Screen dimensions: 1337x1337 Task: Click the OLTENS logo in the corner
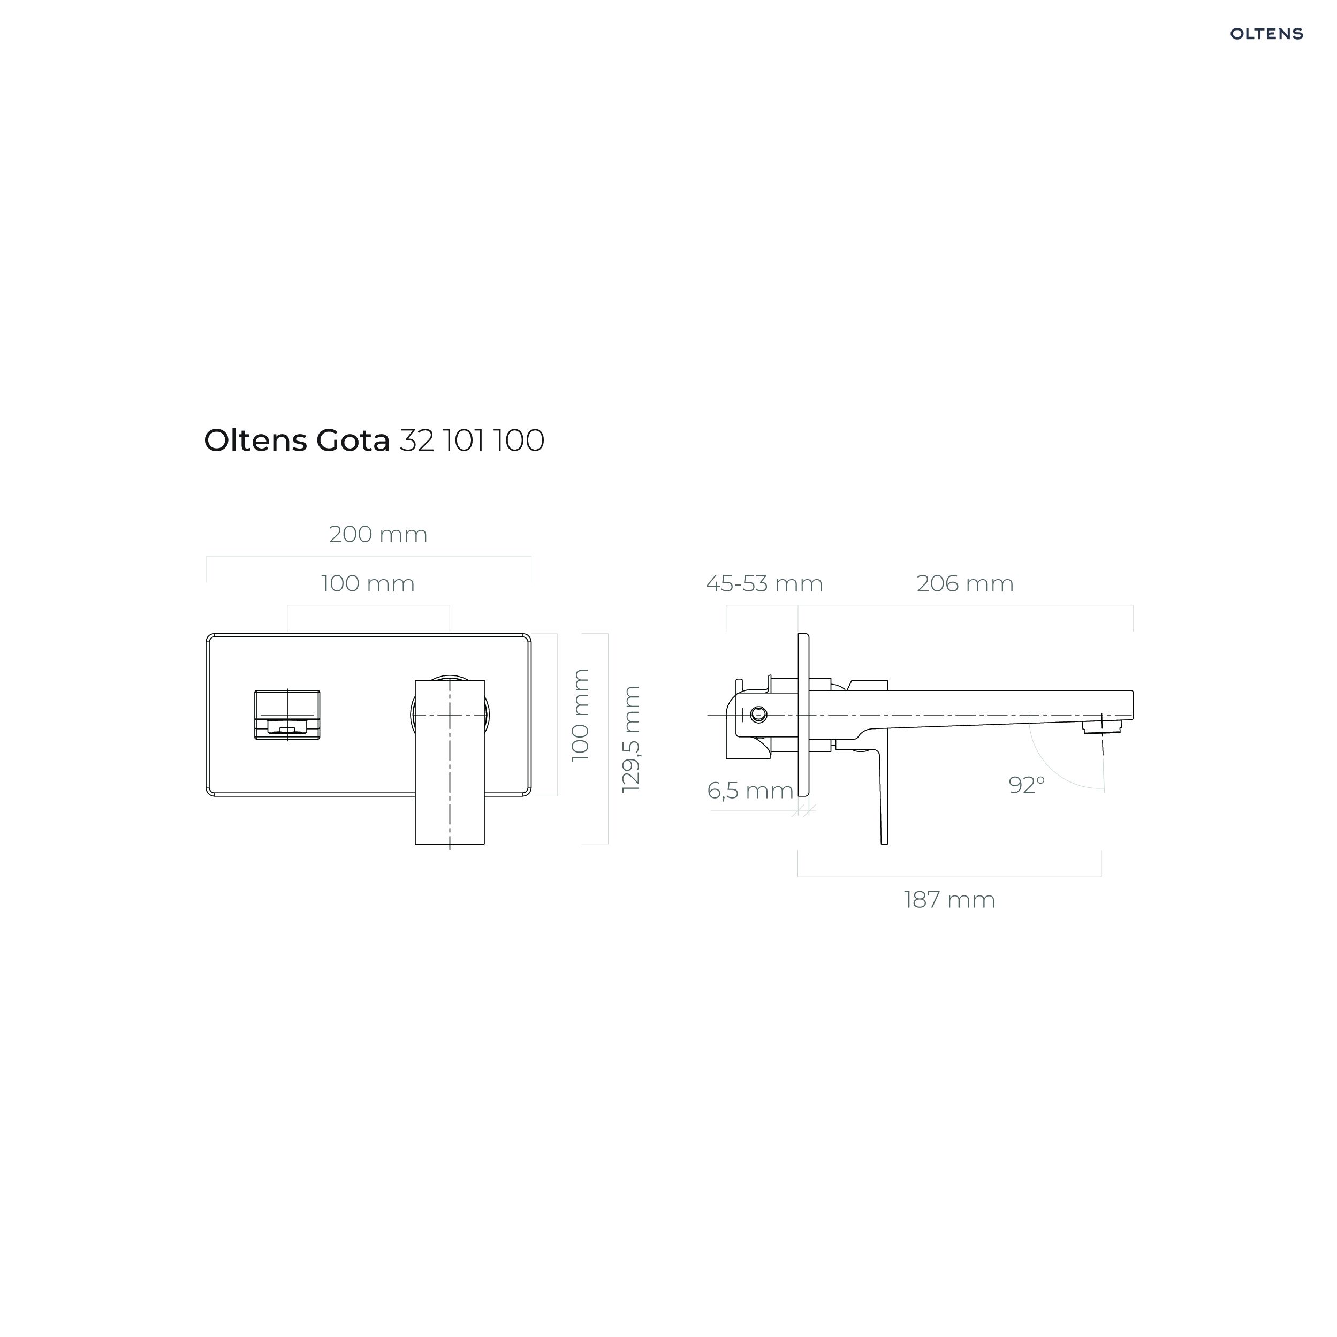click(x=1266, y=34)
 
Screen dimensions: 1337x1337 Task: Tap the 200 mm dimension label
click(x=378, y=534)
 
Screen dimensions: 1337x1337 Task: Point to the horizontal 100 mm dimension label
click(x=368, y=583)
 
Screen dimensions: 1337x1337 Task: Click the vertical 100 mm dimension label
click(x=581, y=715)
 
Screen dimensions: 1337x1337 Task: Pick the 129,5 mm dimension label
click(x=631, y=739)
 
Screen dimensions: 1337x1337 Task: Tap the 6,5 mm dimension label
click(x=750, y=791)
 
